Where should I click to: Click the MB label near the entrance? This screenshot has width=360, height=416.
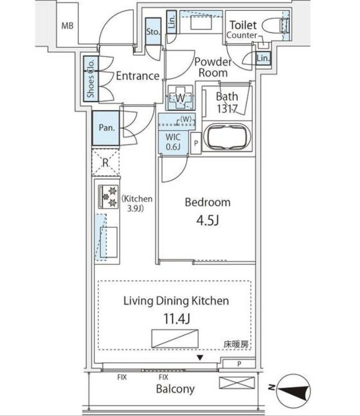tap(67, 26)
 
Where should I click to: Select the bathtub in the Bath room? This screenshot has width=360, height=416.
tap(227, 137)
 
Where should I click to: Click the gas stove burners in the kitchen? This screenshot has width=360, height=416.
tap(109, 197)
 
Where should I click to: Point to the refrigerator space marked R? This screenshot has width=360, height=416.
tap(106, 162)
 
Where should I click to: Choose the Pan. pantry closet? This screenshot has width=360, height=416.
tap(106, 128)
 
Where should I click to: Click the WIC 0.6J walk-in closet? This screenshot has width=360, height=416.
tap(173, 142)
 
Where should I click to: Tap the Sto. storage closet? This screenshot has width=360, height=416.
tap(153, 32)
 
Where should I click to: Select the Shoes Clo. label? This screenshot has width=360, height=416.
tap(91, 78)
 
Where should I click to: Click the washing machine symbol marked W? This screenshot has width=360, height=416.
tap(180, 98)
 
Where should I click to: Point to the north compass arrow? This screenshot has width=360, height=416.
tap(293, 391)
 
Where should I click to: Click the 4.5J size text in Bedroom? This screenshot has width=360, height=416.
tap(207, 220)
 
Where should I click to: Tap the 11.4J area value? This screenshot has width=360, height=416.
tap(177, 319)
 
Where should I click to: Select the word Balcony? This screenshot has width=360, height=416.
tap(175, 389)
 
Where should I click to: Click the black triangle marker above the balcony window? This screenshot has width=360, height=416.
tap(200, 358)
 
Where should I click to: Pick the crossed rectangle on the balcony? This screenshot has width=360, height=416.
tap(237, 383)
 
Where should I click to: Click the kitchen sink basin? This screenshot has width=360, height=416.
tap(109, 242)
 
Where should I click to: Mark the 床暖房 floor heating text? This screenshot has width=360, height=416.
tap(236, 345)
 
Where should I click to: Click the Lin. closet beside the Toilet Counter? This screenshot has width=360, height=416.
tap(263, 58)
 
